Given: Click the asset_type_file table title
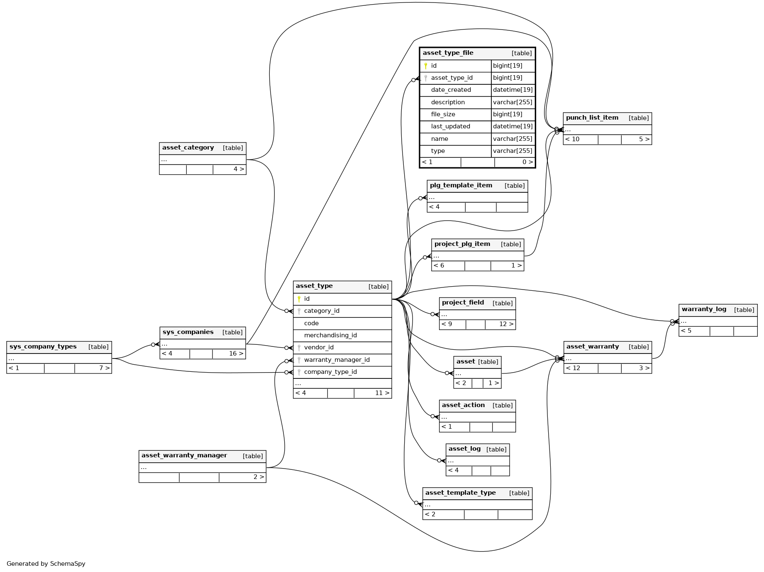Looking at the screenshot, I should [448, 53].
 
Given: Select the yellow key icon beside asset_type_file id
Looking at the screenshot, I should [426, 66].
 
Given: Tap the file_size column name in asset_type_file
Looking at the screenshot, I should [443, 114].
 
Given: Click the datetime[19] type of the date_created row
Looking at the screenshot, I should [513, 90].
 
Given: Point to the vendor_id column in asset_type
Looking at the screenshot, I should [318, 347].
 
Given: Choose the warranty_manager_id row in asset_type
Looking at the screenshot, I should [337, 360].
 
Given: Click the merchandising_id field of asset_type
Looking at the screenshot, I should [330, 335].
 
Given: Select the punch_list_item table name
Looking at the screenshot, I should [592, 118].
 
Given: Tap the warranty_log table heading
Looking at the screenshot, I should [704, 309].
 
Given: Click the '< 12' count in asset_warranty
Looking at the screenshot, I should [573, 368].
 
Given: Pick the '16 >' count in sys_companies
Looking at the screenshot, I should [236, 354].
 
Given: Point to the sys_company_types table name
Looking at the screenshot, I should [43, 347].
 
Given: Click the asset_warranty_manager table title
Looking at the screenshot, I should [184, 456].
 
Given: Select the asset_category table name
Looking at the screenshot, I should [188, 148].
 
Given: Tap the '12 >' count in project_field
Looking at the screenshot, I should [506, 324].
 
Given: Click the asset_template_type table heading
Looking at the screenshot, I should [460, 493].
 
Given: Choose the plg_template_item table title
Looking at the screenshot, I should [461, 186].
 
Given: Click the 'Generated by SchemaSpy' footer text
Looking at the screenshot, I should [46, 564].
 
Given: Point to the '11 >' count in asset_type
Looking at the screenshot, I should [382, 393].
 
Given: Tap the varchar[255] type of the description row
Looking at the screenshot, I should [513, 102].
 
